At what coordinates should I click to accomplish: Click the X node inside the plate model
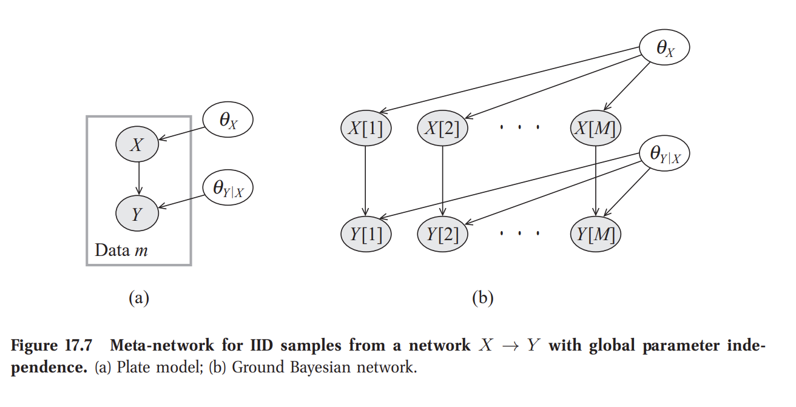tap(138, 144)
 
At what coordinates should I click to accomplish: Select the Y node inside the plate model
tap(138, 213)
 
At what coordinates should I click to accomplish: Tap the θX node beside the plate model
tap(227, 120)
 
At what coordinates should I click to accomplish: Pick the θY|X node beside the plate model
tap(227, 189)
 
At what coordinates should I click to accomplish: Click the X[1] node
tap(366, 129)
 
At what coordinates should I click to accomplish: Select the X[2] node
tap(443, 129)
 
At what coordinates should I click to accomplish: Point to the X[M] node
tap(596, 129)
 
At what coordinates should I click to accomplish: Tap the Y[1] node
tap(366, 234)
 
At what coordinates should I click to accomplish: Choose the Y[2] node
tap(443, 234)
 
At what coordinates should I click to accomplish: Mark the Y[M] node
tap(596, 234)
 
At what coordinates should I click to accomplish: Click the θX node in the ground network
tap(665, 49)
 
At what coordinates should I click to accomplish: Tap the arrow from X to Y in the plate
tap(138, 178)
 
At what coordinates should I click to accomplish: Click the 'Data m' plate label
tap(121, 250)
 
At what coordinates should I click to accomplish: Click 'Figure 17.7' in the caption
tap(52, 346)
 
